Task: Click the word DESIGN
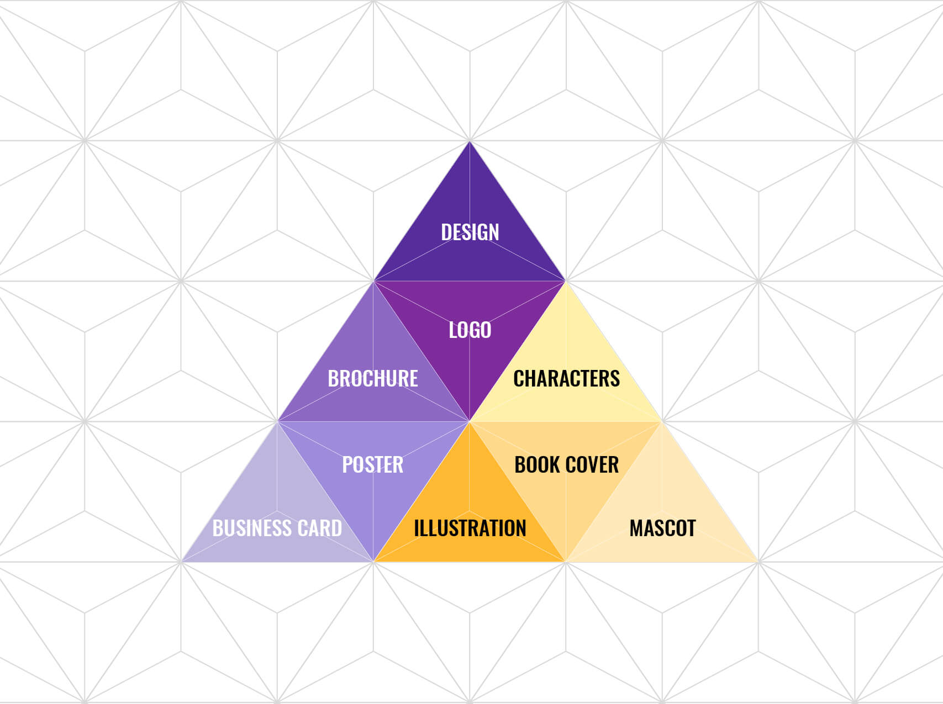pos(470,232)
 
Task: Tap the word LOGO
pos(470,330)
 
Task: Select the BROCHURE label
pos(373,379)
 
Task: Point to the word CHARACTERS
pos(566,379)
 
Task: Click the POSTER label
pos(373,465)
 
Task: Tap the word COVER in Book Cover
pos(592,465)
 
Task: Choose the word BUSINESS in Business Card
pos(250,528)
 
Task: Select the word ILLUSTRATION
pos(470,528)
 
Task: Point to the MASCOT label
pos(662,528)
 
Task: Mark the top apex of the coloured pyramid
pos(470,143)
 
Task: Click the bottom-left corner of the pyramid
pos(183,561)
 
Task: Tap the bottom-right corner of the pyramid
pos(756,561)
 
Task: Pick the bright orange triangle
pos(470,497)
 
